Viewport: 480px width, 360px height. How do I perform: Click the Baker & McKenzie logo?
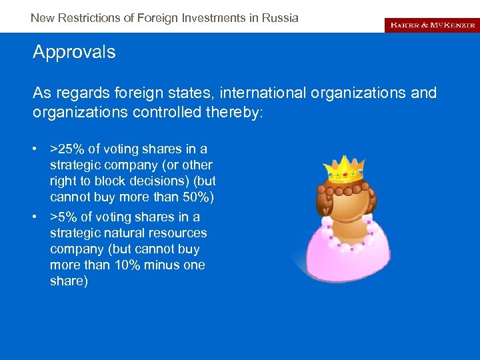(x=431, y=25)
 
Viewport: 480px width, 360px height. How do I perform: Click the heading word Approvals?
(x=74, y=52)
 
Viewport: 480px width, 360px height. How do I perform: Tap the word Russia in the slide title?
(x=280, y=18)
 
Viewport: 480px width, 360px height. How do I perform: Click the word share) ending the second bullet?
(x=69, y=281)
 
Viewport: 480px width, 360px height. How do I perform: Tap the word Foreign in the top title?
(x=157, y=18)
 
